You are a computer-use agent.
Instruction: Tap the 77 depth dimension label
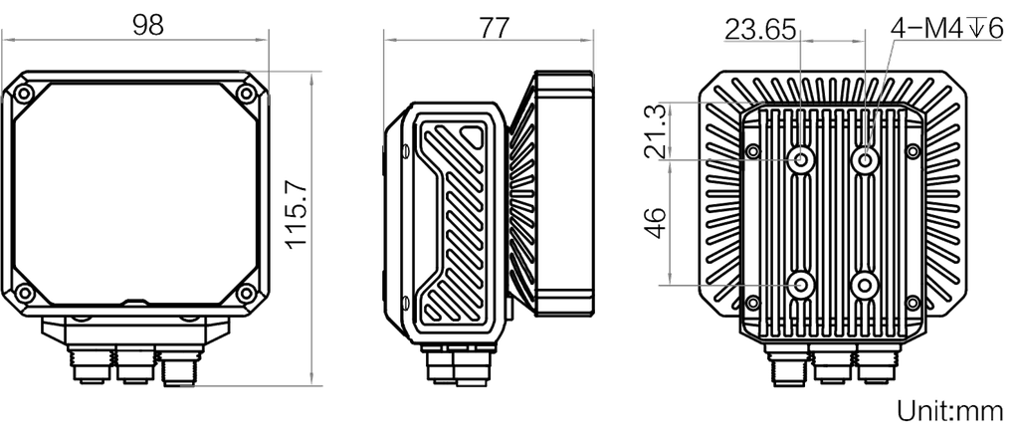(490, 27)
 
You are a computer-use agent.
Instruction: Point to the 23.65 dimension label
(761, 29)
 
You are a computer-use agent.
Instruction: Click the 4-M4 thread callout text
(948, 30)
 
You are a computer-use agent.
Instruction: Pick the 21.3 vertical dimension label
(654, 130)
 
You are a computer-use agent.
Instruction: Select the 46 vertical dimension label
(655, 223)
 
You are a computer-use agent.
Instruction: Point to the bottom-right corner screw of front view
(247, 294)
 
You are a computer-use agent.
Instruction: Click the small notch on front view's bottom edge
(135, 300)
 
